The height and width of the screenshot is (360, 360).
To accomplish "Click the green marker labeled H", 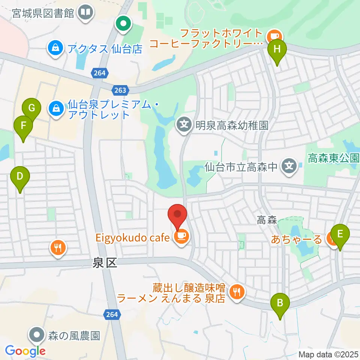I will [x=277, y=49].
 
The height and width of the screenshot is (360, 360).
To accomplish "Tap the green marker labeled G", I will [x=32, y=109].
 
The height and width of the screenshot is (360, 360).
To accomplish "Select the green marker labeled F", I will [x=23, y=125].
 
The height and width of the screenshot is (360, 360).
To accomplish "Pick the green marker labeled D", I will [x=20, y=176].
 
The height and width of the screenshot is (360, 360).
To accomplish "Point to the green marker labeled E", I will [x=340, y=234].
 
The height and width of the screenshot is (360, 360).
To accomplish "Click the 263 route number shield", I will [x=120, y=90].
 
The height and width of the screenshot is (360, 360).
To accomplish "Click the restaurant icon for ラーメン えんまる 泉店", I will [x=236, y=291].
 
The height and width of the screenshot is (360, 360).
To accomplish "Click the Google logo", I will [x=25, y=351].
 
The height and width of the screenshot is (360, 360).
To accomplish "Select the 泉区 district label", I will [x=105, y=264].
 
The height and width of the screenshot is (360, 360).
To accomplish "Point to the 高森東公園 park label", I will [x=333, y=158].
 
